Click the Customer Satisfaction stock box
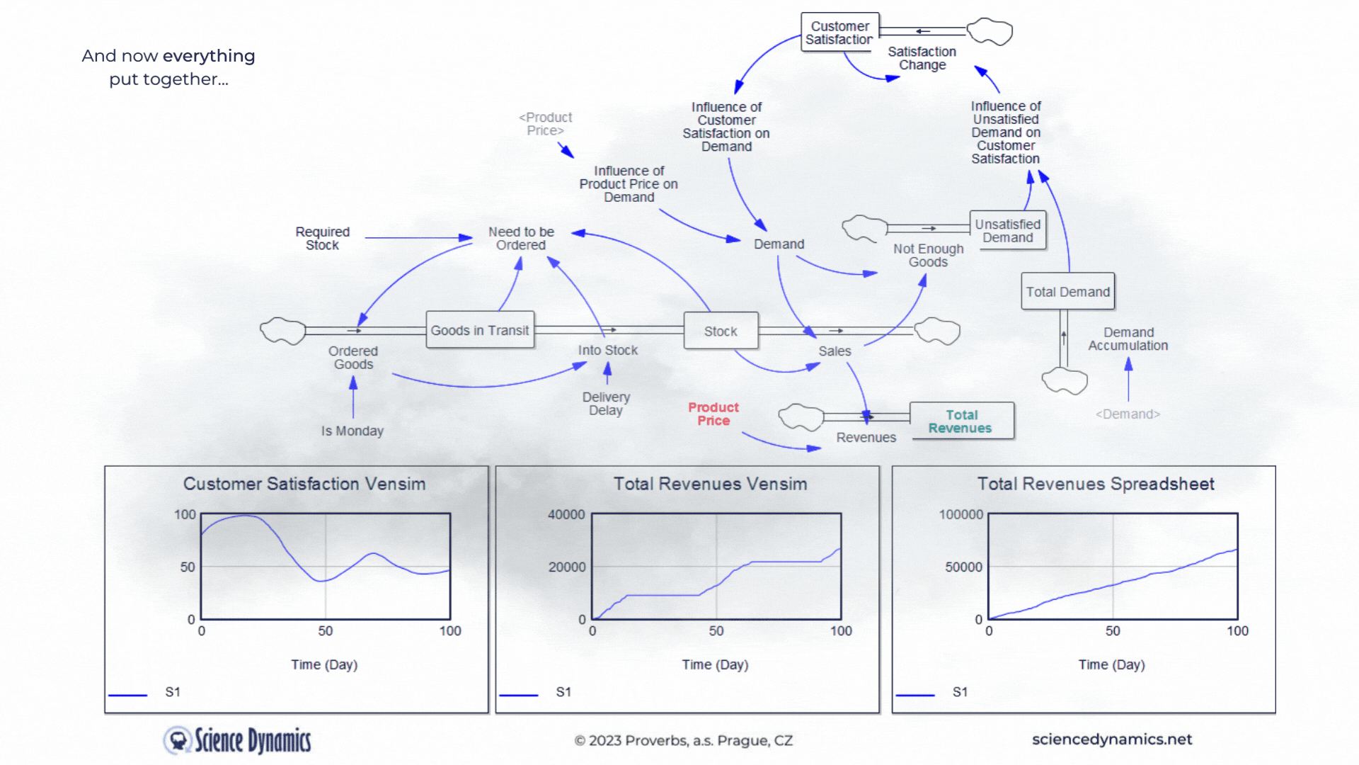pos(839,33)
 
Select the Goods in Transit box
pos(480,330)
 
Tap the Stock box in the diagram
pos(721,331)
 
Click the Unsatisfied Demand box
pos(1007,230)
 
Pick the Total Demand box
pos(1067,291)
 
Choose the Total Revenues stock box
pos(961,421)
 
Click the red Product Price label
pos(713,414)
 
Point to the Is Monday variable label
pos(352,431)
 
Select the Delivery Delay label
pos(606,404)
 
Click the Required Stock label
pos(323,238)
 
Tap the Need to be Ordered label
pos(521,238)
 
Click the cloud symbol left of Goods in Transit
pos(282,331)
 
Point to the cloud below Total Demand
pos(1065,380)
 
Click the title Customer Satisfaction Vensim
pos(304,484)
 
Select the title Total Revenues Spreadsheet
pos(1096,484)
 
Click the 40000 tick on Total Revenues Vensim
pos(566,514)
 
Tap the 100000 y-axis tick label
pos(961,514)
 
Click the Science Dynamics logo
pos(238,740)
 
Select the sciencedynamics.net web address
pos(1112,739)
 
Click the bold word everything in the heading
pos(209,56)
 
